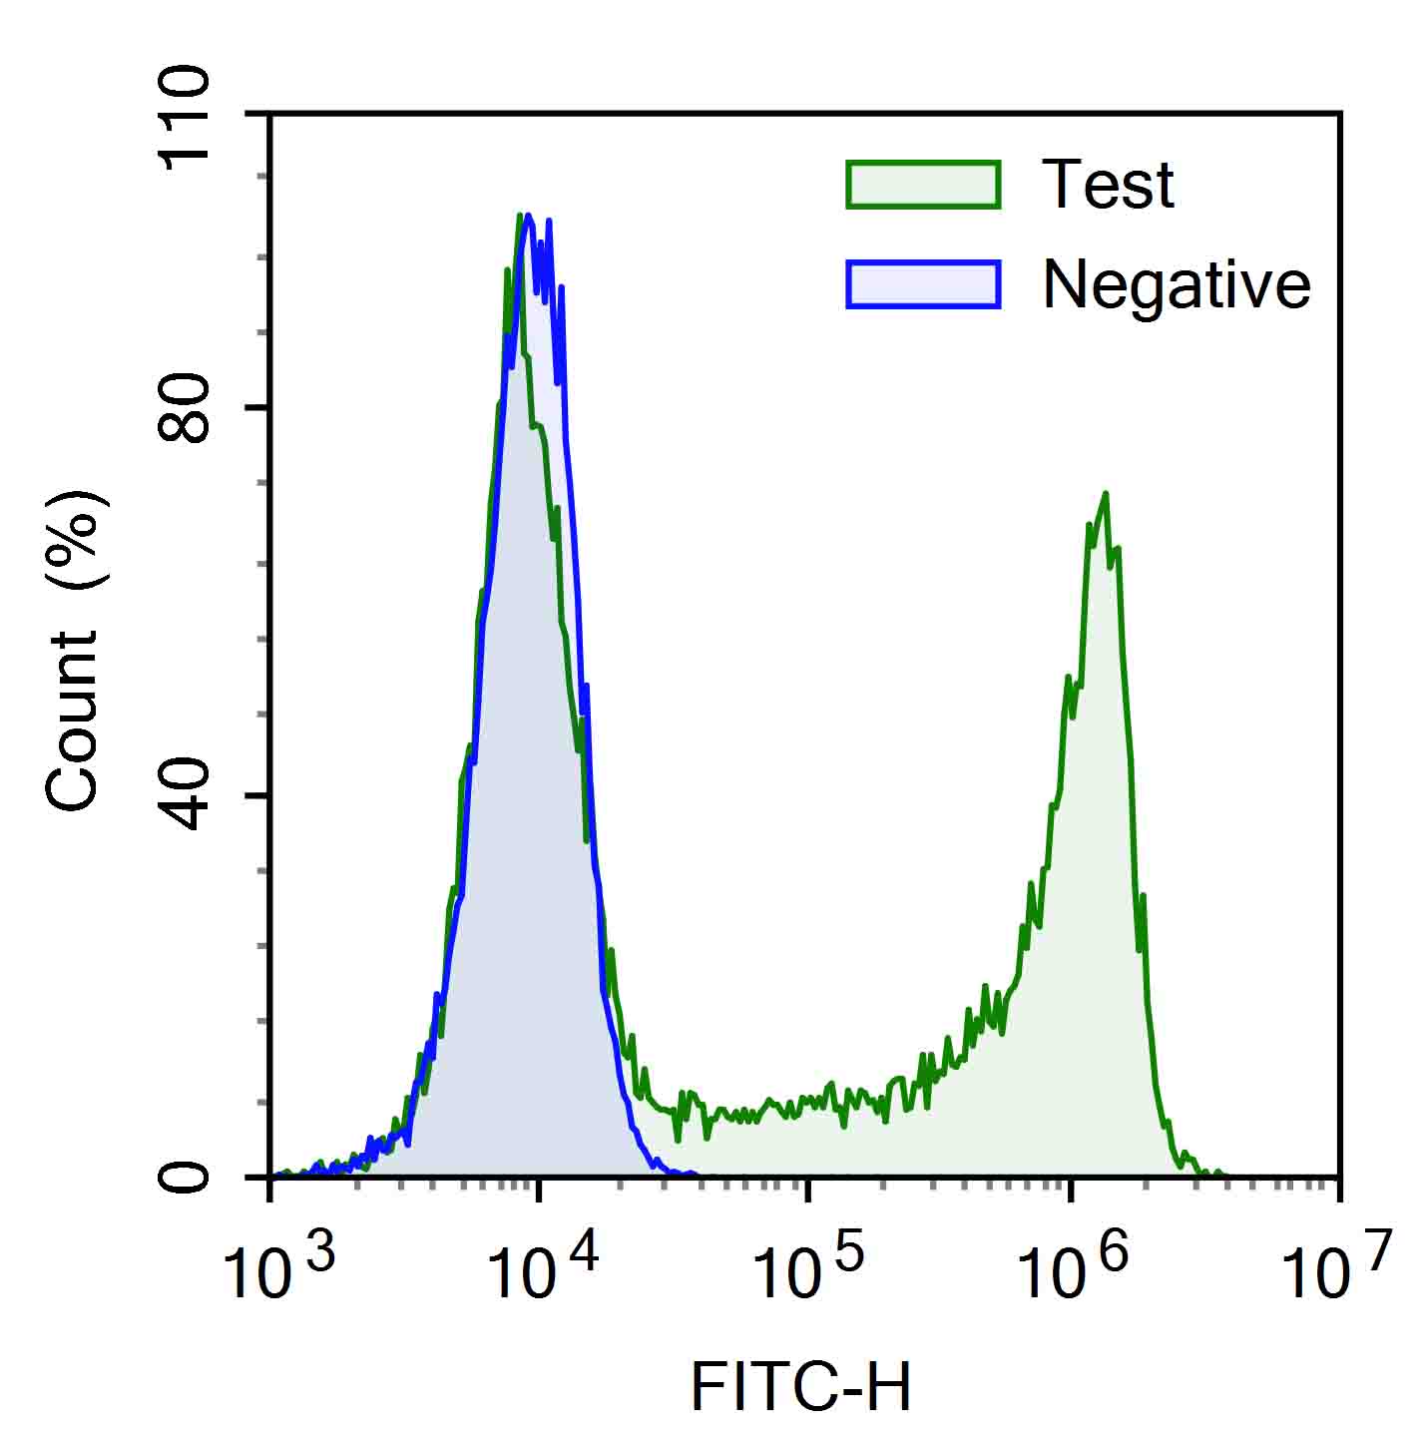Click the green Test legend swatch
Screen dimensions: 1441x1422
click(923, 185)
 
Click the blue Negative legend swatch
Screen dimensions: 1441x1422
click(923, 284)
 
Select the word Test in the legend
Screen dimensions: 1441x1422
click(1108, 185)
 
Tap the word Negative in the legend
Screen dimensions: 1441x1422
click(1177, 286)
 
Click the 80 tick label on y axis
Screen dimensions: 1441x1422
click(186, 409)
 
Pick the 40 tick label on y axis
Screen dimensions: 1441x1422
click(186, 796)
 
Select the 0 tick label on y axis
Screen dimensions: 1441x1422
click(186, 1178)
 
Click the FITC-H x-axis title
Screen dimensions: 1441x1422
click(801, 1387)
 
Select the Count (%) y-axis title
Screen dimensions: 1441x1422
click(74, 649)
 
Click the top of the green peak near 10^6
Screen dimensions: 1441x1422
click(1105, 494)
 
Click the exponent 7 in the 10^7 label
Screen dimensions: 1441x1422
click(1376, 1249)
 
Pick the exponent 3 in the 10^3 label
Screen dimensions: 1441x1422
click(319, 1249)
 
